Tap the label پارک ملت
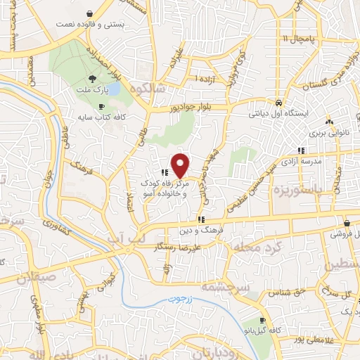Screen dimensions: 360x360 click(x=94, y=91)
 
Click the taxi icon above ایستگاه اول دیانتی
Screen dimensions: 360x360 click(x=279, y=101)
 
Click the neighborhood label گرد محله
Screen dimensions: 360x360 click(x=260, y=248)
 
